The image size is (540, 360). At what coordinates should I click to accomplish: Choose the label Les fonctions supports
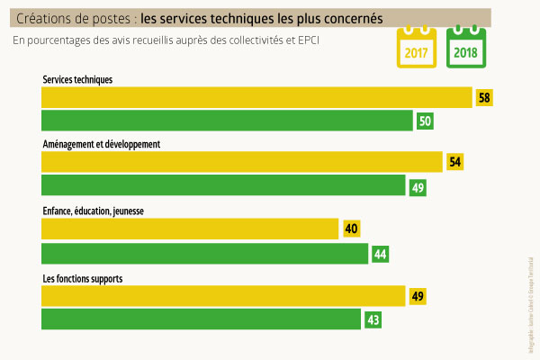[83, 278]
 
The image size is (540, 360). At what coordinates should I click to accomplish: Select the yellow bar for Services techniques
[256, 97]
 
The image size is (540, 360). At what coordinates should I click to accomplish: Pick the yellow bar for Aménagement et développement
[242, 162]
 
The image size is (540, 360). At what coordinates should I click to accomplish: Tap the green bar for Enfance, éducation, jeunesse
[205, 254]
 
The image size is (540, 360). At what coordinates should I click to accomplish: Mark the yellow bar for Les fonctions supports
[224, 295]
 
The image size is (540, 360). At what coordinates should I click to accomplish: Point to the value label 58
[485, 97]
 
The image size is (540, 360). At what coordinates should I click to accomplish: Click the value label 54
[455, 163]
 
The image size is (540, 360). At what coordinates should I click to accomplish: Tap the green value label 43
[373, 319]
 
